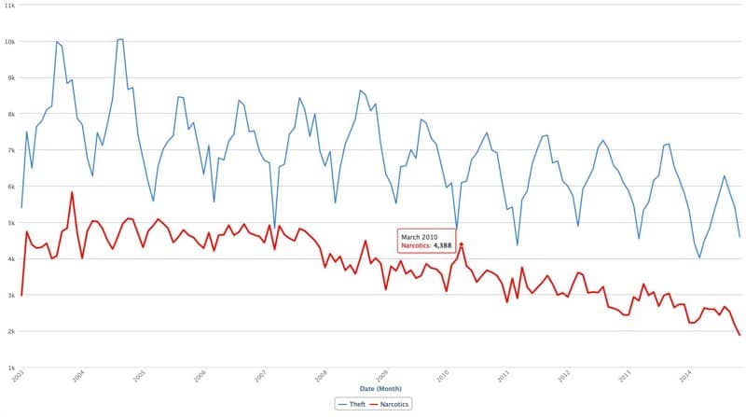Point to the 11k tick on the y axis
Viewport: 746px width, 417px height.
pyautogui.click(x=9, y=6)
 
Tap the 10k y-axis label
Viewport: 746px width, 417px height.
pyautogui.click(x=9, y=42)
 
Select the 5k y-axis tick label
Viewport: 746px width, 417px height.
pyautogui.click(x=9, y=223)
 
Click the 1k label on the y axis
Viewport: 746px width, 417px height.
pyautogui.click(x=9, y=368)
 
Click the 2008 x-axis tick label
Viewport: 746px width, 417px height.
pyautogui.click(x=322, y=375)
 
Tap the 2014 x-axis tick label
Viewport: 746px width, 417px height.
pyautogui.click(x=686, y=375)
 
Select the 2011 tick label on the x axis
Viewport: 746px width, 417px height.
pyautogui.click(x=504, y=375)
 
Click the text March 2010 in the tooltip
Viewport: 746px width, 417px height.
pyautogui.click(x=419, y=237)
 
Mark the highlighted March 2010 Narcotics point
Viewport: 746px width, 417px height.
pyautogui.click(x=462, y=244)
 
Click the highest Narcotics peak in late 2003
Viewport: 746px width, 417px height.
pyautogui.click(x=72, y=192)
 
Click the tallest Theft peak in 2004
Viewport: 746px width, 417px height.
pyautogui.click(x=120, y=39)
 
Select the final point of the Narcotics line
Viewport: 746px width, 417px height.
pyautogui.click(x=739, y=335)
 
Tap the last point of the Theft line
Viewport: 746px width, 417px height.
pyautogui.click(x=739, y=237)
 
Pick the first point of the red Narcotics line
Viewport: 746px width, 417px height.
pyautogui.click(x=21, y=295)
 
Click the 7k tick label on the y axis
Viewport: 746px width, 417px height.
pyautogui.click(x=9, y=150)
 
